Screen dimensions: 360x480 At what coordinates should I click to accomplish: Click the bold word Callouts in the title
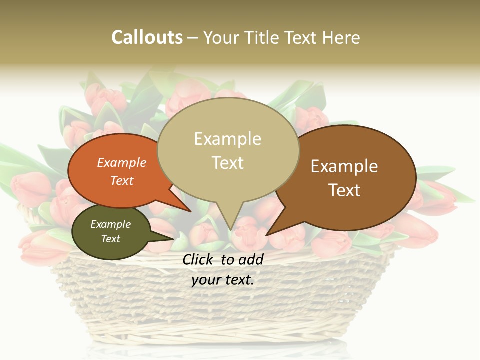coord(147,37)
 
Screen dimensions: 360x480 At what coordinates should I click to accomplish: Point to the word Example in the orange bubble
coord(122,162)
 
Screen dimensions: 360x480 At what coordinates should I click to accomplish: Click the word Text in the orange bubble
coord(122,180)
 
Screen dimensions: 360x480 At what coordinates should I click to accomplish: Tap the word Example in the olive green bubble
coord(110,224)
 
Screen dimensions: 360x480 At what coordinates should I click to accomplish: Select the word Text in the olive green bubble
coord(110,239)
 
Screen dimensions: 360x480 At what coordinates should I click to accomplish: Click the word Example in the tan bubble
coord(227,139)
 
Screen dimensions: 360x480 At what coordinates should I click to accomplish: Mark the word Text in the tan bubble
coord(227,163)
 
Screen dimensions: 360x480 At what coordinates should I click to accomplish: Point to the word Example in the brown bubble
coord(344,166)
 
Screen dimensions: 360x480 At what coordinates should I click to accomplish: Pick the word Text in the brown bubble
coord(344,190)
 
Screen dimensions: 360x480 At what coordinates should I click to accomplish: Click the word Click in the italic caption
coord(199,259)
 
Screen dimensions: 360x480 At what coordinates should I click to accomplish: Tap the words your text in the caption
coord(223,280)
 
